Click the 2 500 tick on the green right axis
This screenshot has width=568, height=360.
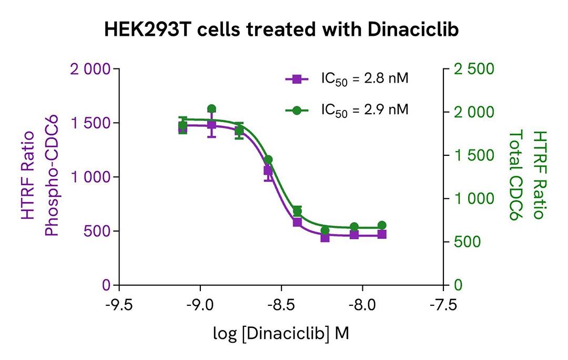click(x=474, y=69)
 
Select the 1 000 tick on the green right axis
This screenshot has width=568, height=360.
click(x=474, y=198)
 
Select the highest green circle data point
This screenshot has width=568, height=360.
click(x=211, y=109)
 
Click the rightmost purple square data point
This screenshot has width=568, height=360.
click(x=382, y=234)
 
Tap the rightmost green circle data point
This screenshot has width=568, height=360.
click(x=382, y=225)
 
